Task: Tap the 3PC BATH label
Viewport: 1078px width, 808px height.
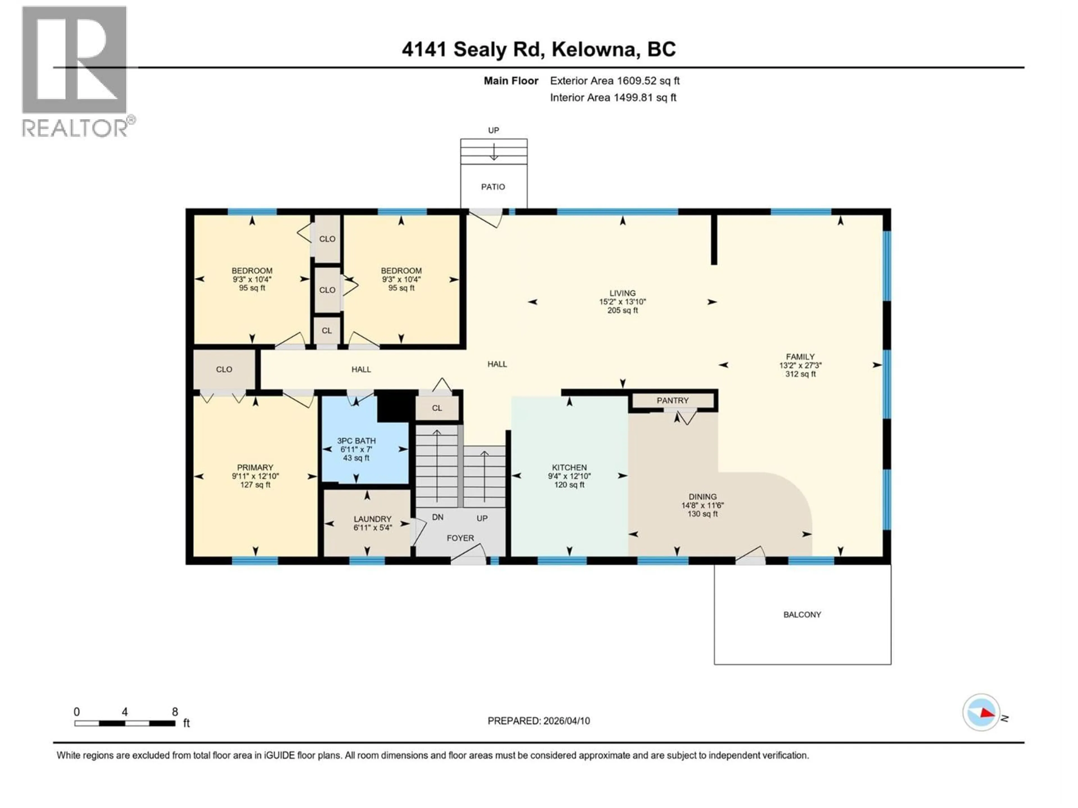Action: coord(356,441)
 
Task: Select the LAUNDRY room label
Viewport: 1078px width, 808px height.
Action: coord(372,519)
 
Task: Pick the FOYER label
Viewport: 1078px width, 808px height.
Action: coord(460,538)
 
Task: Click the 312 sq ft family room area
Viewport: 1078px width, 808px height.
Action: coord(800,374)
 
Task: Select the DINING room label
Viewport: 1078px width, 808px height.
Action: coord(702,497)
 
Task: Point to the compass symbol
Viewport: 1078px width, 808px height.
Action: coord(981,713)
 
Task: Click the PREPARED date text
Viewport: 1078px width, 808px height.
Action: coord(538,721)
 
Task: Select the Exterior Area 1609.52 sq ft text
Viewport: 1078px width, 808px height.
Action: coord(615,81)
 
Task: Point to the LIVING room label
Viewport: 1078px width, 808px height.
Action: coord(622,293)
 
